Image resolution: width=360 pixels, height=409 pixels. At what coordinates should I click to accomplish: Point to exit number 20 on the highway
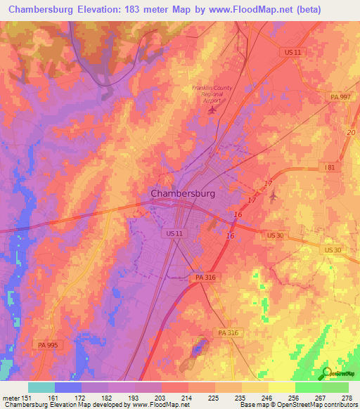click(x=351, y=133)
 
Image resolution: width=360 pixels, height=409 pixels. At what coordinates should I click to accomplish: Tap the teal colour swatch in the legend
click(x=41, y=387)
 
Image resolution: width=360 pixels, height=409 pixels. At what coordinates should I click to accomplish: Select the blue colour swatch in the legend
click(x=68, y=387)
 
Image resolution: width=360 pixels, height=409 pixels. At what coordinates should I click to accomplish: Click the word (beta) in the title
click(x=332, y=10)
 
